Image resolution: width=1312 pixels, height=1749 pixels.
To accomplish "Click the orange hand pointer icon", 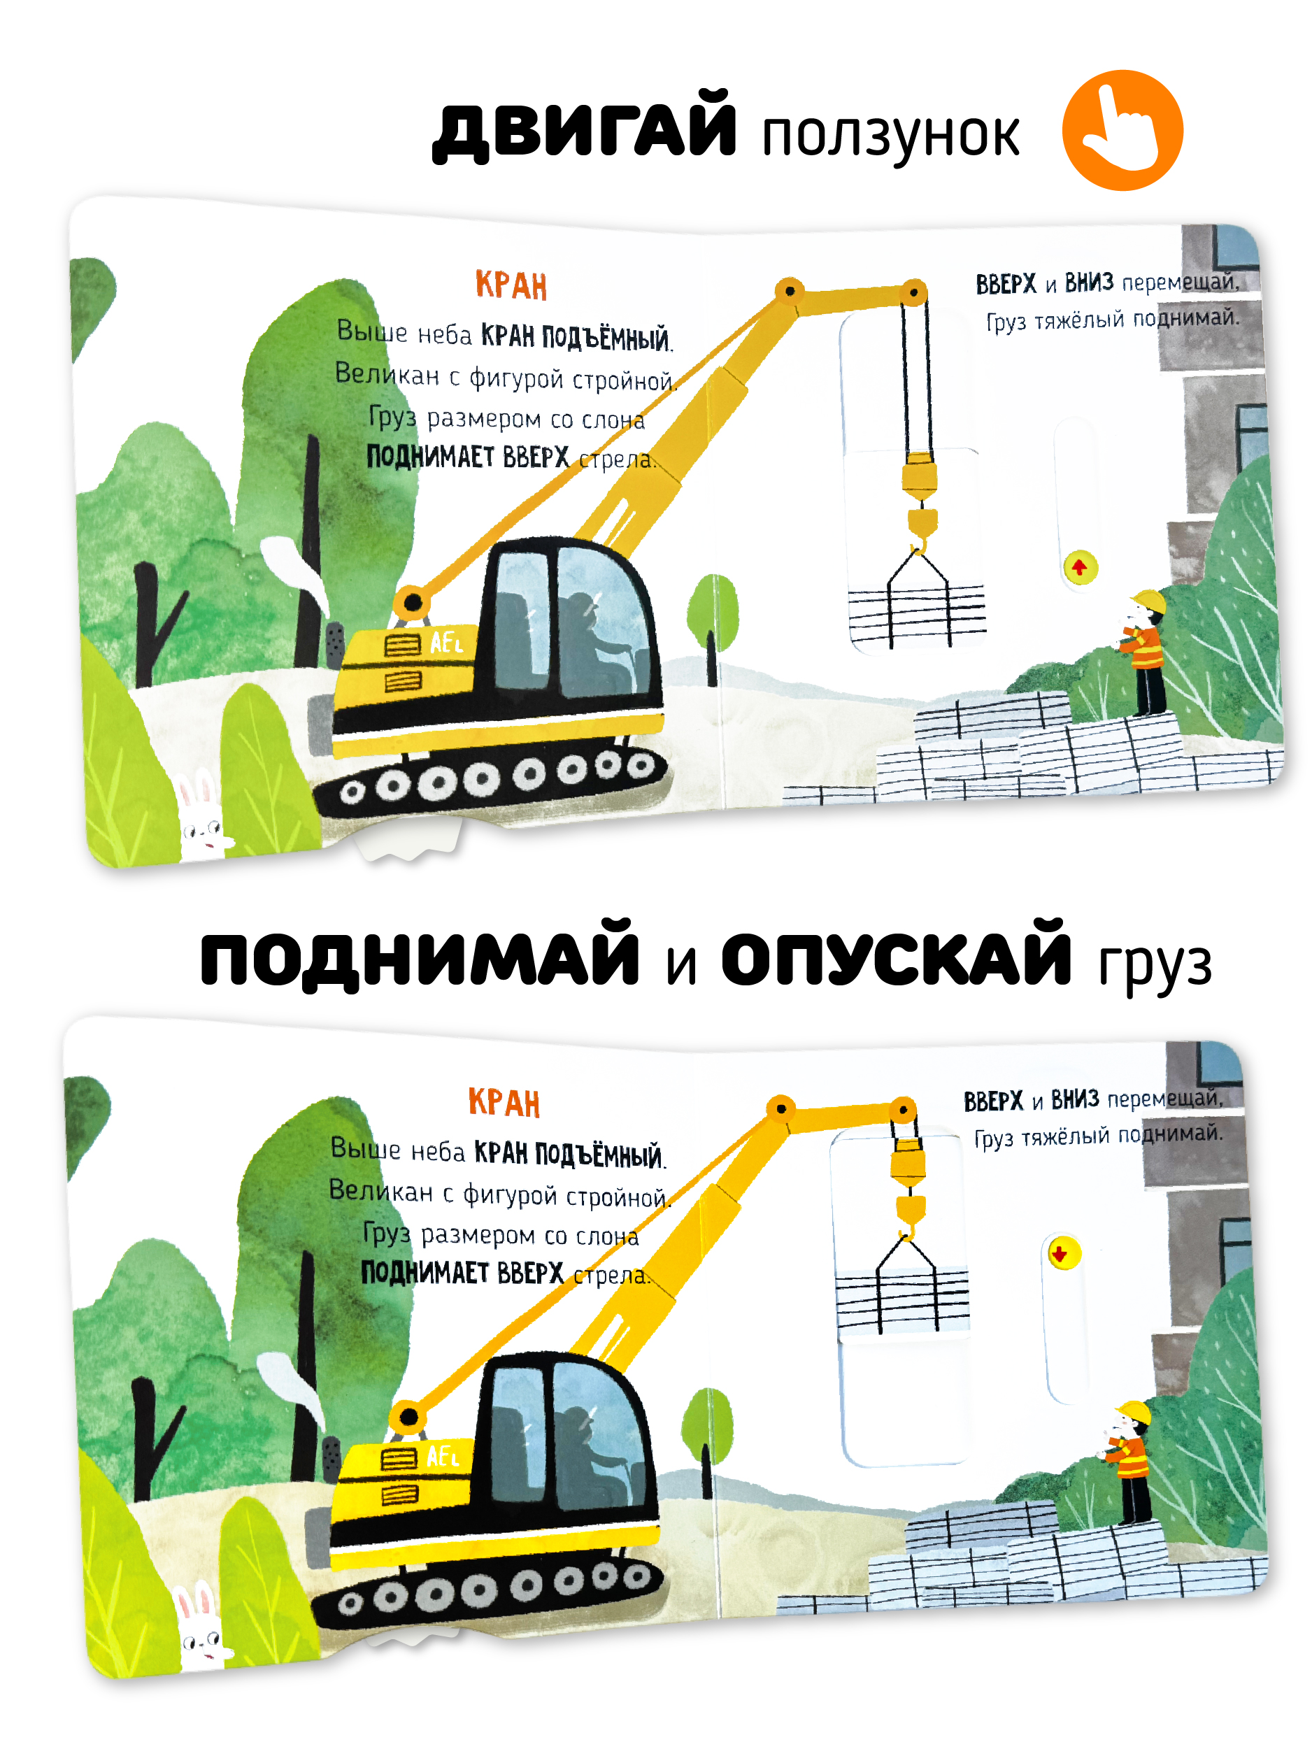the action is [1122, 131].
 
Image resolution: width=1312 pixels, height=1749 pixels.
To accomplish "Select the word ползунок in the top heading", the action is [890, 136].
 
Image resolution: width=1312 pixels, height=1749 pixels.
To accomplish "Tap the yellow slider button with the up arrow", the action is [1081, 568].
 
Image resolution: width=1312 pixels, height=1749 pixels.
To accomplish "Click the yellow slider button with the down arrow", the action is [1064, 1253].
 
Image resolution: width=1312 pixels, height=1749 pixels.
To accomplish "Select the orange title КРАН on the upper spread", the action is [511, 285].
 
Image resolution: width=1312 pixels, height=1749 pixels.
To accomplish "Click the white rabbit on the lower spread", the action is [201, 1628].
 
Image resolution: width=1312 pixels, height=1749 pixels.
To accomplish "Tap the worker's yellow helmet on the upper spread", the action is [1149, 601].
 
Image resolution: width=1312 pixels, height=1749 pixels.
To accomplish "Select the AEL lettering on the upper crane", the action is [446, 642].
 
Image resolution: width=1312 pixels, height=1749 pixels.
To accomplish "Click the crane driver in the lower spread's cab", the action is [595, 1454].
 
